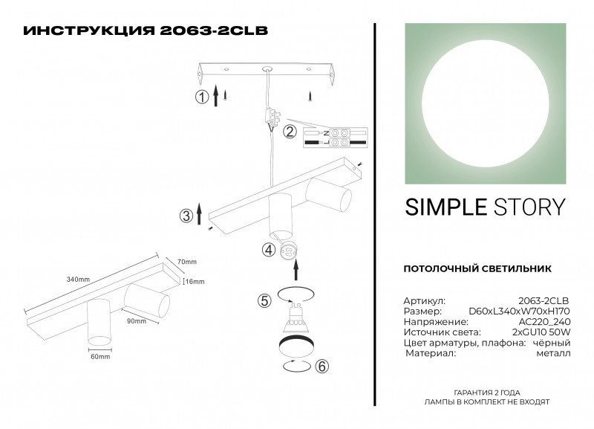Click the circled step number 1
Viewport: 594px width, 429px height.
click(202, 97)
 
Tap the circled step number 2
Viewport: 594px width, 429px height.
click(290, 132)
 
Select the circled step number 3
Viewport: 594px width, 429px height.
click(186, 216)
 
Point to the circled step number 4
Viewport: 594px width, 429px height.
click(269, 250)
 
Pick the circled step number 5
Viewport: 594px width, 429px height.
click(264, 301)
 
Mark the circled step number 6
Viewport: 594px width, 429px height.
click(322, 367)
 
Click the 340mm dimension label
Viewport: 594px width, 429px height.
click(78, 280)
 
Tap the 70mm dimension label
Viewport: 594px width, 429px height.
click(187, 262)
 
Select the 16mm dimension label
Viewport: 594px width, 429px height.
click(195, 282)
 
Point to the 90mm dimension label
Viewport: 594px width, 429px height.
click(137, 321)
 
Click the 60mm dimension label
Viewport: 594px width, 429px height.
click(100, 357)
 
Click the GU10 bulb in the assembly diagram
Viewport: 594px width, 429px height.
click(296, 318)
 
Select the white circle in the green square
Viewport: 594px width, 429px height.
click(486, 103)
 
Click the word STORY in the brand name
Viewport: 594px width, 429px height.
click(529, 207)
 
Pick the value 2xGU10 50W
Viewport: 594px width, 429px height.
click(541, 332)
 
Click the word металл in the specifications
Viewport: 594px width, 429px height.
click(553, 353)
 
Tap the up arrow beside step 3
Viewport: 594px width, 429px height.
click(199, 213)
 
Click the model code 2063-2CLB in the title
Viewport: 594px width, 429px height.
click(214, 30)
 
